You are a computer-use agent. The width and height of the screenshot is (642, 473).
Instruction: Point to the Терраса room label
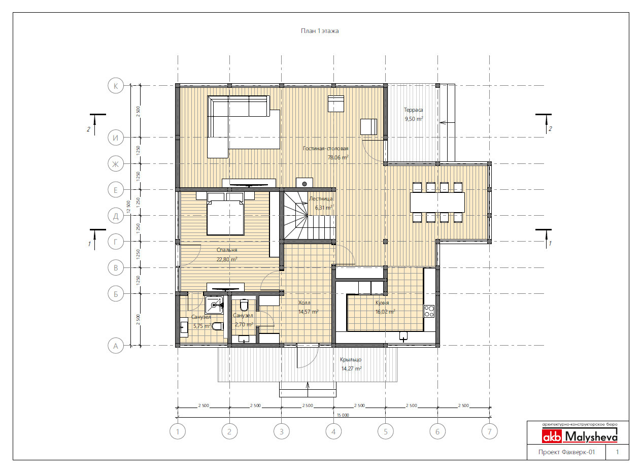[x=413, y=110]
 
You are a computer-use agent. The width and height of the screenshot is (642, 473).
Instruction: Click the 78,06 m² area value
[x=338, y=157]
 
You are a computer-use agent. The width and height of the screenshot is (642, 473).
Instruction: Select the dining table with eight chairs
[x=437, y=202]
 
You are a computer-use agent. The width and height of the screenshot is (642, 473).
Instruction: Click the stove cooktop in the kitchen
[x=429, y=311]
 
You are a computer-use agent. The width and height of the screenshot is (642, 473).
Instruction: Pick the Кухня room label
[x=382, y=302]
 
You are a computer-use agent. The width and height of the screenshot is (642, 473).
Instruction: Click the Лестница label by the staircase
[x=321, y=198]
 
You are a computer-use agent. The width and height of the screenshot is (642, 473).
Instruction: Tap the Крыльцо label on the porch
[x=351, y=359]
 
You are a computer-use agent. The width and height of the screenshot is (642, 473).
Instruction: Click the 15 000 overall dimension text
[x=343, y=415]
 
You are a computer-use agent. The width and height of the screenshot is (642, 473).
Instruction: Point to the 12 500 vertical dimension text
[x=128, y=207]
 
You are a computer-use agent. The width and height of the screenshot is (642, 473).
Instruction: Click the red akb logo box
[x=552, y=436]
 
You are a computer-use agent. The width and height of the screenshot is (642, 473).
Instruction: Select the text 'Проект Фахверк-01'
[x=566, y=452]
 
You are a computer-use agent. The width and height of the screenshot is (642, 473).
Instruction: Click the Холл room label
[x=304, y=302]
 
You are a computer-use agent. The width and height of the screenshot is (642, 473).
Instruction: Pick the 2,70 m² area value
[x=244, y=324]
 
